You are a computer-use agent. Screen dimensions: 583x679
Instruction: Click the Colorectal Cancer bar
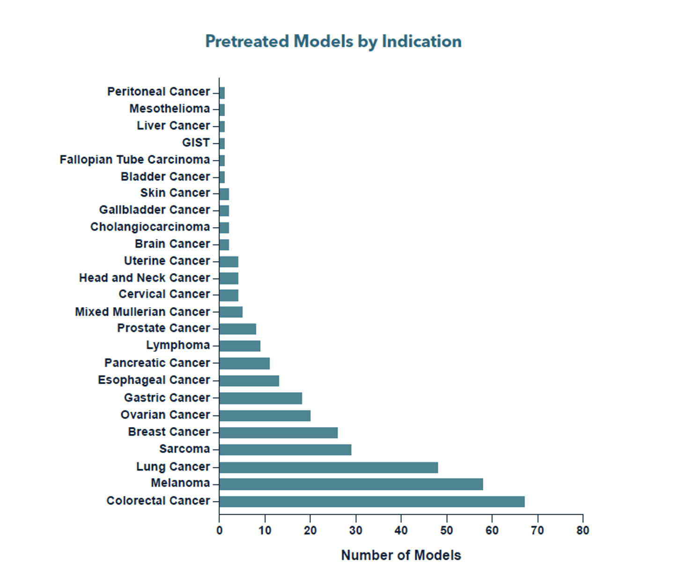click(372, 502)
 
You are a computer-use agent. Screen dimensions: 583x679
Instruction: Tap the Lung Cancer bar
click(328, 467)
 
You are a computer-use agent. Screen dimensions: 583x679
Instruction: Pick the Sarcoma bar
click(285, 450)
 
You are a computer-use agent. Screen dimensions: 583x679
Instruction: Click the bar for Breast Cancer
click(278, 432)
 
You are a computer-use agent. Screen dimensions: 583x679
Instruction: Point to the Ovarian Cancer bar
click(265, 415)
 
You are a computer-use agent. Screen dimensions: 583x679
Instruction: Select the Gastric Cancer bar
click(260, 398)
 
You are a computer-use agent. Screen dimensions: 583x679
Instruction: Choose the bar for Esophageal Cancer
click(249, 381)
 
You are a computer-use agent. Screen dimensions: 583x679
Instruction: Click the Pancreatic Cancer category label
click(157, 363)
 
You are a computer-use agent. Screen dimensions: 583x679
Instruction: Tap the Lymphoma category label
click(178, 346)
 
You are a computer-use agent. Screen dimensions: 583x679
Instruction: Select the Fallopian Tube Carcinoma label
click(134, 160)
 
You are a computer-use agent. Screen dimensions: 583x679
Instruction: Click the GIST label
click(196, 143)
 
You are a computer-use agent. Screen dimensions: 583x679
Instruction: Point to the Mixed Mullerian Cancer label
click(142, 312)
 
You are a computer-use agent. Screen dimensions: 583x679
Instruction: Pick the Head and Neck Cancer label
click(144, 278)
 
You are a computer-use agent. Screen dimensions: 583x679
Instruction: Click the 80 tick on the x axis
click(583, 531)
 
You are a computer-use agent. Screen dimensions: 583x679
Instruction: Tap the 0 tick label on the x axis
click(219, 531)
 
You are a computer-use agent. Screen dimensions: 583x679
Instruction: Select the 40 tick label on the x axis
click(401, 531)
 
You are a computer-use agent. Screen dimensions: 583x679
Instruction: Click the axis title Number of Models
click(401, 555)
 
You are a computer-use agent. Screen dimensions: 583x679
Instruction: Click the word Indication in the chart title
click(421, 41)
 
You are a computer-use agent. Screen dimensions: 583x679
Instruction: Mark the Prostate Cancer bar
click(237, 329)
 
